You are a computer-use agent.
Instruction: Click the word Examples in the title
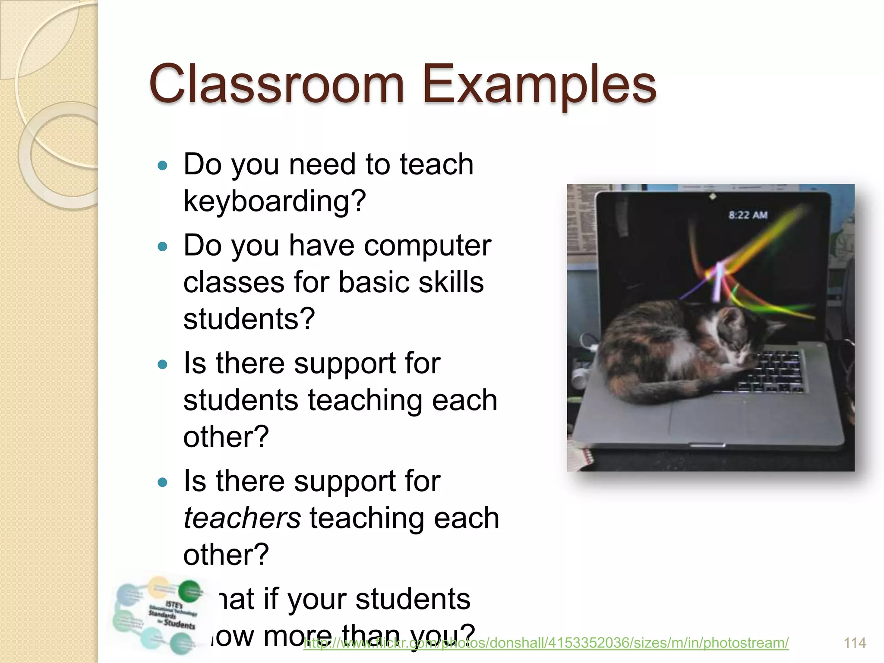pos(540,85)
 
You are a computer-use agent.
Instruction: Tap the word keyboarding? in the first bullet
pos(275,202)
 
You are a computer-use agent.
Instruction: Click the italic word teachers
pos(242,518)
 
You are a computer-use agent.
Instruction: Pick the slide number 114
pos(855,643)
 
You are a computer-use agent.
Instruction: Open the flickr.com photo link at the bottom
pos(546,643)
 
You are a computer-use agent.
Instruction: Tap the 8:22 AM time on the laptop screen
pos(748,215)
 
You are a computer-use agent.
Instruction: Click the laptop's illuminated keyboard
pos(773,371)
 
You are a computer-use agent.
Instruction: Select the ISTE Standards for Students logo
pos(158,615)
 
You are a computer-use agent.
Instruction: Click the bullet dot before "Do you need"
pos(163,165)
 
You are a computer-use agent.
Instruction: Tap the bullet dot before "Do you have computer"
pos(163,246)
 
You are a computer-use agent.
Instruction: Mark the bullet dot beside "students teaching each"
pos(163,365)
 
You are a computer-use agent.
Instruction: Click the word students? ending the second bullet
pos(249,319)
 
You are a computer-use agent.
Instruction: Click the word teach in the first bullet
pos(436,165)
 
